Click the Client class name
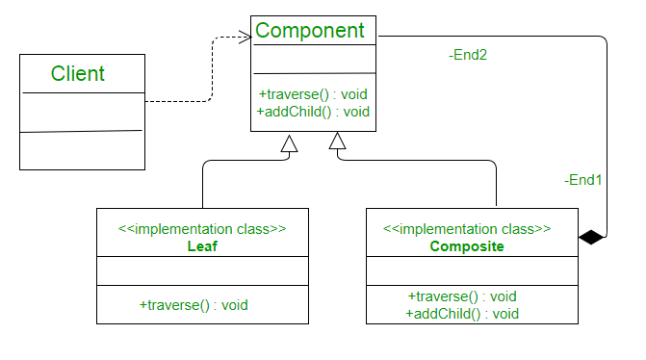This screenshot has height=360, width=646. [x=78, y=73]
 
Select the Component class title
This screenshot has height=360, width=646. [x=309, y=30]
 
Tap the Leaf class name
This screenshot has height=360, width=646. [x=202, y=246]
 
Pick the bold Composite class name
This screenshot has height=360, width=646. [x=467, y=246]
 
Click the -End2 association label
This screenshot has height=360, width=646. [x=468, y=56]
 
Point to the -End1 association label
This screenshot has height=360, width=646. [x=583, y=179]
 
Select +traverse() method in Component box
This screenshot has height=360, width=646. [x=314, y=94]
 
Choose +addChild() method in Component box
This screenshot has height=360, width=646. [x=314, y=111]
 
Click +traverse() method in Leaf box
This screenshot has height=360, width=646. [x=194, y=304]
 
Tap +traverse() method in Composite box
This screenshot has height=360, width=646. [x=463, y=296]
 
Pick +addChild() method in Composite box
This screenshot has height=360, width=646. [x=463, y=313]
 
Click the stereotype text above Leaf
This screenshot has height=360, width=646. [x=202, y=229]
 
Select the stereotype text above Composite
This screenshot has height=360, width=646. [x=467, y=229]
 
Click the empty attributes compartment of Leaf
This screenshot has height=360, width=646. [x=202, y=271]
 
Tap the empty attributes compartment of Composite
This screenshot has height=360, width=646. [x=472, y=271]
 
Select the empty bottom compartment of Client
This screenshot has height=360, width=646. [x=81, y=150]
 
